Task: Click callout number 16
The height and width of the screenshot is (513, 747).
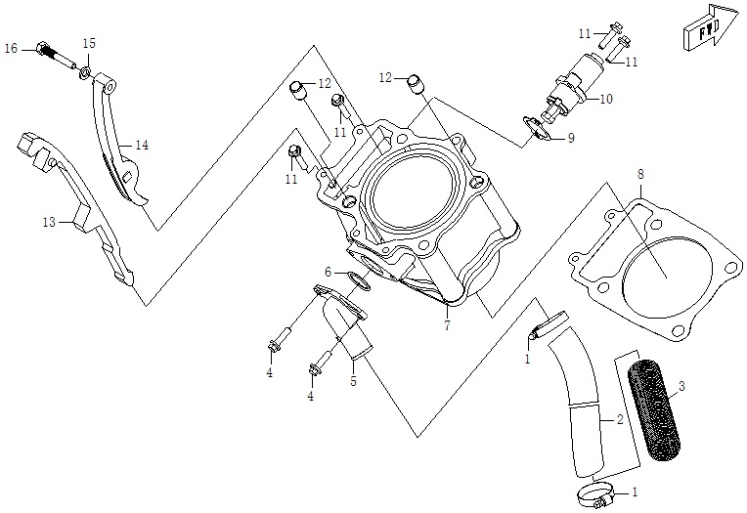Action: (11, 48)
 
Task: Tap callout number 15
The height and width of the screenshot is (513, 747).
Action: (89, 44)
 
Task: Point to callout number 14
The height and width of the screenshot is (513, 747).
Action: (142, 146)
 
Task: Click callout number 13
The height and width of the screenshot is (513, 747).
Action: (49, 223)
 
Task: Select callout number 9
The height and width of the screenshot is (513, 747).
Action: (570, 138)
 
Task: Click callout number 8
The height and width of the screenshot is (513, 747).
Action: (640, 175)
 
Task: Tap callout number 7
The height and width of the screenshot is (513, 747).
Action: (446, 326)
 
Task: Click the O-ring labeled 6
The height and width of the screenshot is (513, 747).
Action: (359, 281)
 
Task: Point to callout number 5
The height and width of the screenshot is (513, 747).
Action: (353, 381)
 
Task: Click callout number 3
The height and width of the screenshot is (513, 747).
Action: (681, 386)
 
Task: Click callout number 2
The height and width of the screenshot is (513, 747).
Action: (619, 421)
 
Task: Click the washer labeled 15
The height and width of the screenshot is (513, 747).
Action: (86, 74)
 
